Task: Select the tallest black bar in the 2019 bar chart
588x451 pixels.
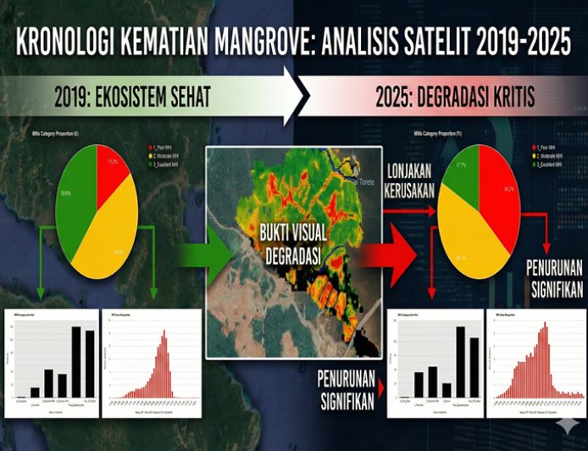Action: pyautogui.click(x=75, y=362)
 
